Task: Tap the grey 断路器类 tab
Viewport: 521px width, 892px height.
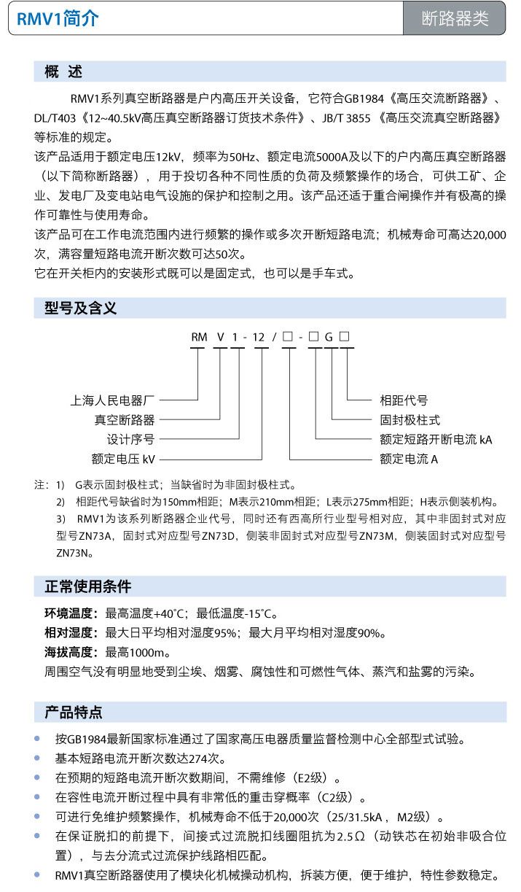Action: (x=455, y=19)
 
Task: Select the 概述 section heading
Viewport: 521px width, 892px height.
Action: (x=64, y=71)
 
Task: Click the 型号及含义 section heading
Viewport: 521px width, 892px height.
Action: (x=76, y=309)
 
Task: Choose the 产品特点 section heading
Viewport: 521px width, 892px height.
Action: (x=74, y=712)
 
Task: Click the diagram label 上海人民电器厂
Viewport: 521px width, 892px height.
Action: (x=113, y=400)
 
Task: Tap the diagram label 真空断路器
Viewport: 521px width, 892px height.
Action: (x=125, y=419)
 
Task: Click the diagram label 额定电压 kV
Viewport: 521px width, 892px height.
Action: (x=123, y=459)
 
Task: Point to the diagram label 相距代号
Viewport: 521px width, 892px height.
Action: (x=404, y=400)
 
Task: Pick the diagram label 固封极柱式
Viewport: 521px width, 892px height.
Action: (x=410, y=419)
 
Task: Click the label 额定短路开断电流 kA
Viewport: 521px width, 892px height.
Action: (x=436, y=439)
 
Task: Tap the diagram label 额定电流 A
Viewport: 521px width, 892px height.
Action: (x=409, y=459)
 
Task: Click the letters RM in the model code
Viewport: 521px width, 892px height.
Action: (x=199, y=336)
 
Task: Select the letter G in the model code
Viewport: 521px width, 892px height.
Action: (x=329, y=336)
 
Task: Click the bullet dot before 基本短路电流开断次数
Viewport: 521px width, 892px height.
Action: (x=38, y=758)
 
